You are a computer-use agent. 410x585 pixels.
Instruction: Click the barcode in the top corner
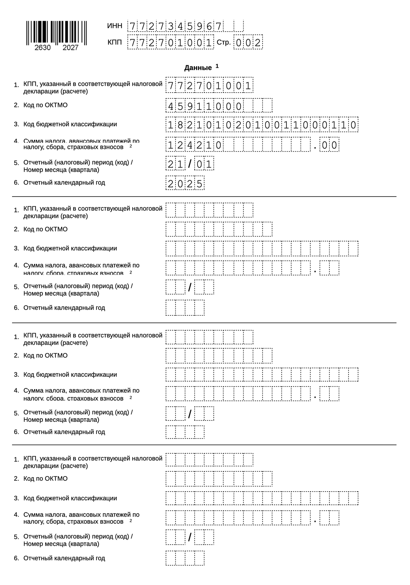click(x=56, y=33)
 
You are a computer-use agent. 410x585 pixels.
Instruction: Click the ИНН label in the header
click(x=115, y=26)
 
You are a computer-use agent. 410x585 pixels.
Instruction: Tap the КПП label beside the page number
click(x=115, y=42)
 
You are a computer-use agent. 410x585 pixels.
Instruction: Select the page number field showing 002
click(x=248, y=42)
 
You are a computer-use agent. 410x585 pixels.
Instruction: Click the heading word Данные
click(x=198, y=68)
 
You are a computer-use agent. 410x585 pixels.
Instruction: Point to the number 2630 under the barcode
click(x=43, y=48)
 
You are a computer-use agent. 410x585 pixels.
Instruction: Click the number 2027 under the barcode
click(x=70, y=48)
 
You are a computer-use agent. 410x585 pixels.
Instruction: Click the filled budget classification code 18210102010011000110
click(x=262, y=125)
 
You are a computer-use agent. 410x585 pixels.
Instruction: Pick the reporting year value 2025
click(x=185, y=183)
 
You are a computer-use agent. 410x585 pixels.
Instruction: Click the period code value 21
click(x=175, y=164)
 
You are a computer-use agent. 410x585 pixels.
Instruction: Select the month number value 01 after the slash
click(x=204, y=164)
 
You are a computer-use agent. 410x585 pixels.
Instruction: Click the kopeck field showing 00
click(x=329, y=145)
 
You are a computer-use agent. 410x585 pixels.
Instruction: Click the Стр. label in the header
click(x=223, y=42)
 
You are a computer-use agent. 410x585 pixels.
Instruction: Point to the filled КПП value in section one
click(x=209, y=86)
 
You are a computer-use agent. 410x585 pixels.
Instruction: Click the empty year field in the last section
click(x=185, y=558)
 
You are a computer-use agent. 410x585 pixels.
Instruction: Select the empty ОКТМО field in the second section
click(x=219, y=229)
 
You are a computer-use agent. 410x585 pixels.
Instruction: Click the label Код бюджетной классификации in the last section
click(x=70, y=498)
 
